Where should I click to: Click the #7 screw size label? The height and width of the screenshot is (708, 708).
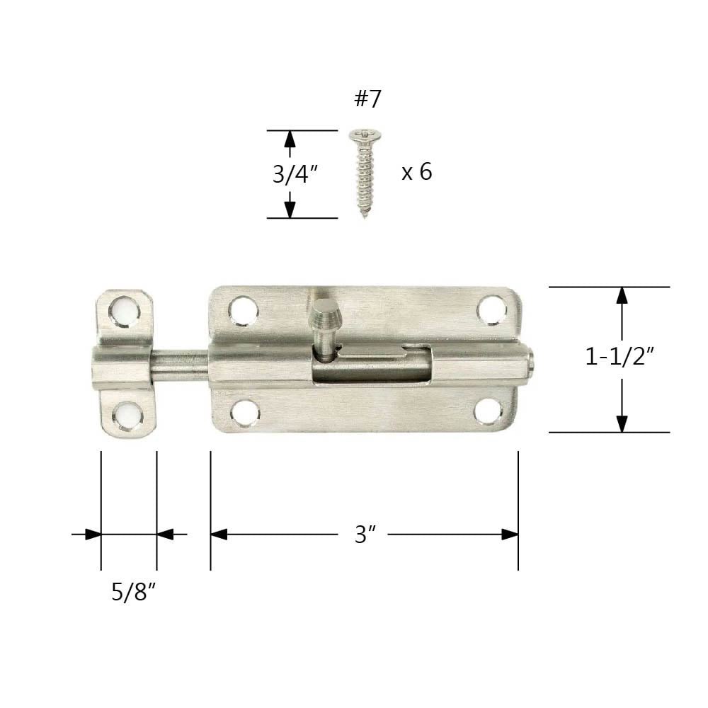pos(367,99)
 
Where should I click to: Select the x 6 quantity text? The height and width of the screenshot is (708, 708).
pos(416,172)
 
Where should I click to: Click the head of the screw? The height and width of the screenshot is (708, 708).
pos(362,133)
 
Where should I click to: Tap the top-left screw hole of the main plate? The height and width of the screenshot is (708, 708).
pos(243,310)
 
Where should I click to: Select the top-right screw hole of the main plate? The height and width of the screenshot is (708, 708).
pos(491,309)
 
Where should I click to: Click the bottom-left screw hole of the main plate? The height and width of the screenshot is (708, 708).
pos(245,412)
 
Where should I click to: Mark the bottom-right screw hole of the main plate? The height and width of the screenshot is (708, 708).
pos(488,411)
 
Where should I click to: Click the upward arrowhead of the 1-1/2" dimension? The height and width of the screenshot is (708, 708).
pos(622,295)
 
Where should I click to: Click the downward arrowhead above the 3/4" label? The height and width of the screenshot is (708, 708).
pos(289,208)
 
